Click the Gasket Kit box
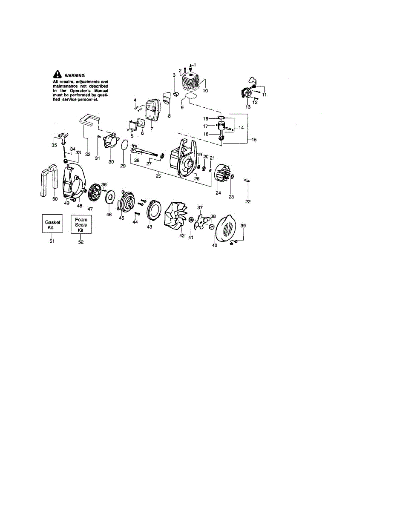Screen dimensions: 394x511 point(52,224)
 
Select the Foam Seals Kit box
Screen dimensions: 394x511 point(81,224)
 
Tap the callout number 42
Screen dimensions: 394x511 point(182,235)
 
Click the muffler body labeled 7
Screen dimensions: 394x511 point(151,112)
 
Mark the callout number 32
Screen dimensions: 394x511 point(87,154)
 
